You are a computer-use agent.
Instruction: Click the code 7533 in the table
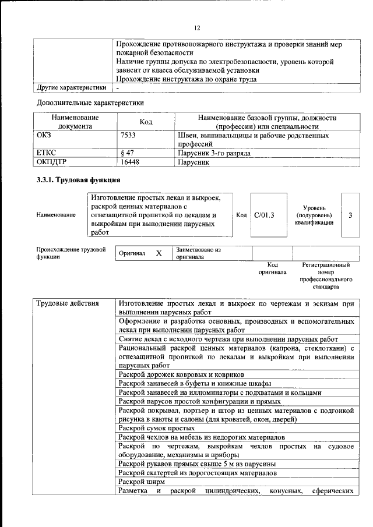[129, 135]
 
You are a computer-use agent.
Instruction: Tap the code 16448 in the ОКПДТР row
[129, 162]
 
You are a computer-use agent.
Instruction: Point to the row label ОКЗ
[44, 135]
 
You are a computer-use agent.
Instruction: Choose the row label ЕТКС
[46, 153]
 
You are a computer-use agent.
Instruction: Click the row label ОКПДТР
[50, 162]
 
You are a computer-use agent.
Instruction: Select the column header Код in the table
[146, 122]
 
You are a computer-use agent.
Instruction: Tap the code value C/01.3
[264, 215]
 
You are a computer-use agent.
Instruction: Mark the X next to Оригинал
[159, 253]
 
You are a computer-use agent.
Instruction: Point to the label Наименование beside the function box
[56, 215]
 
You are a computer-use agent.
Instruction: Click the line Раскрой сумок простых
[156, 427]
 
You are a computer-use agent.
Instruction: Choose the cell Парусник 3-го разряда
[214, 153]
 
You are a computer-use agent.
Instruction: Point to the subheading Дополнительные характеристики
[90, 102]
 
